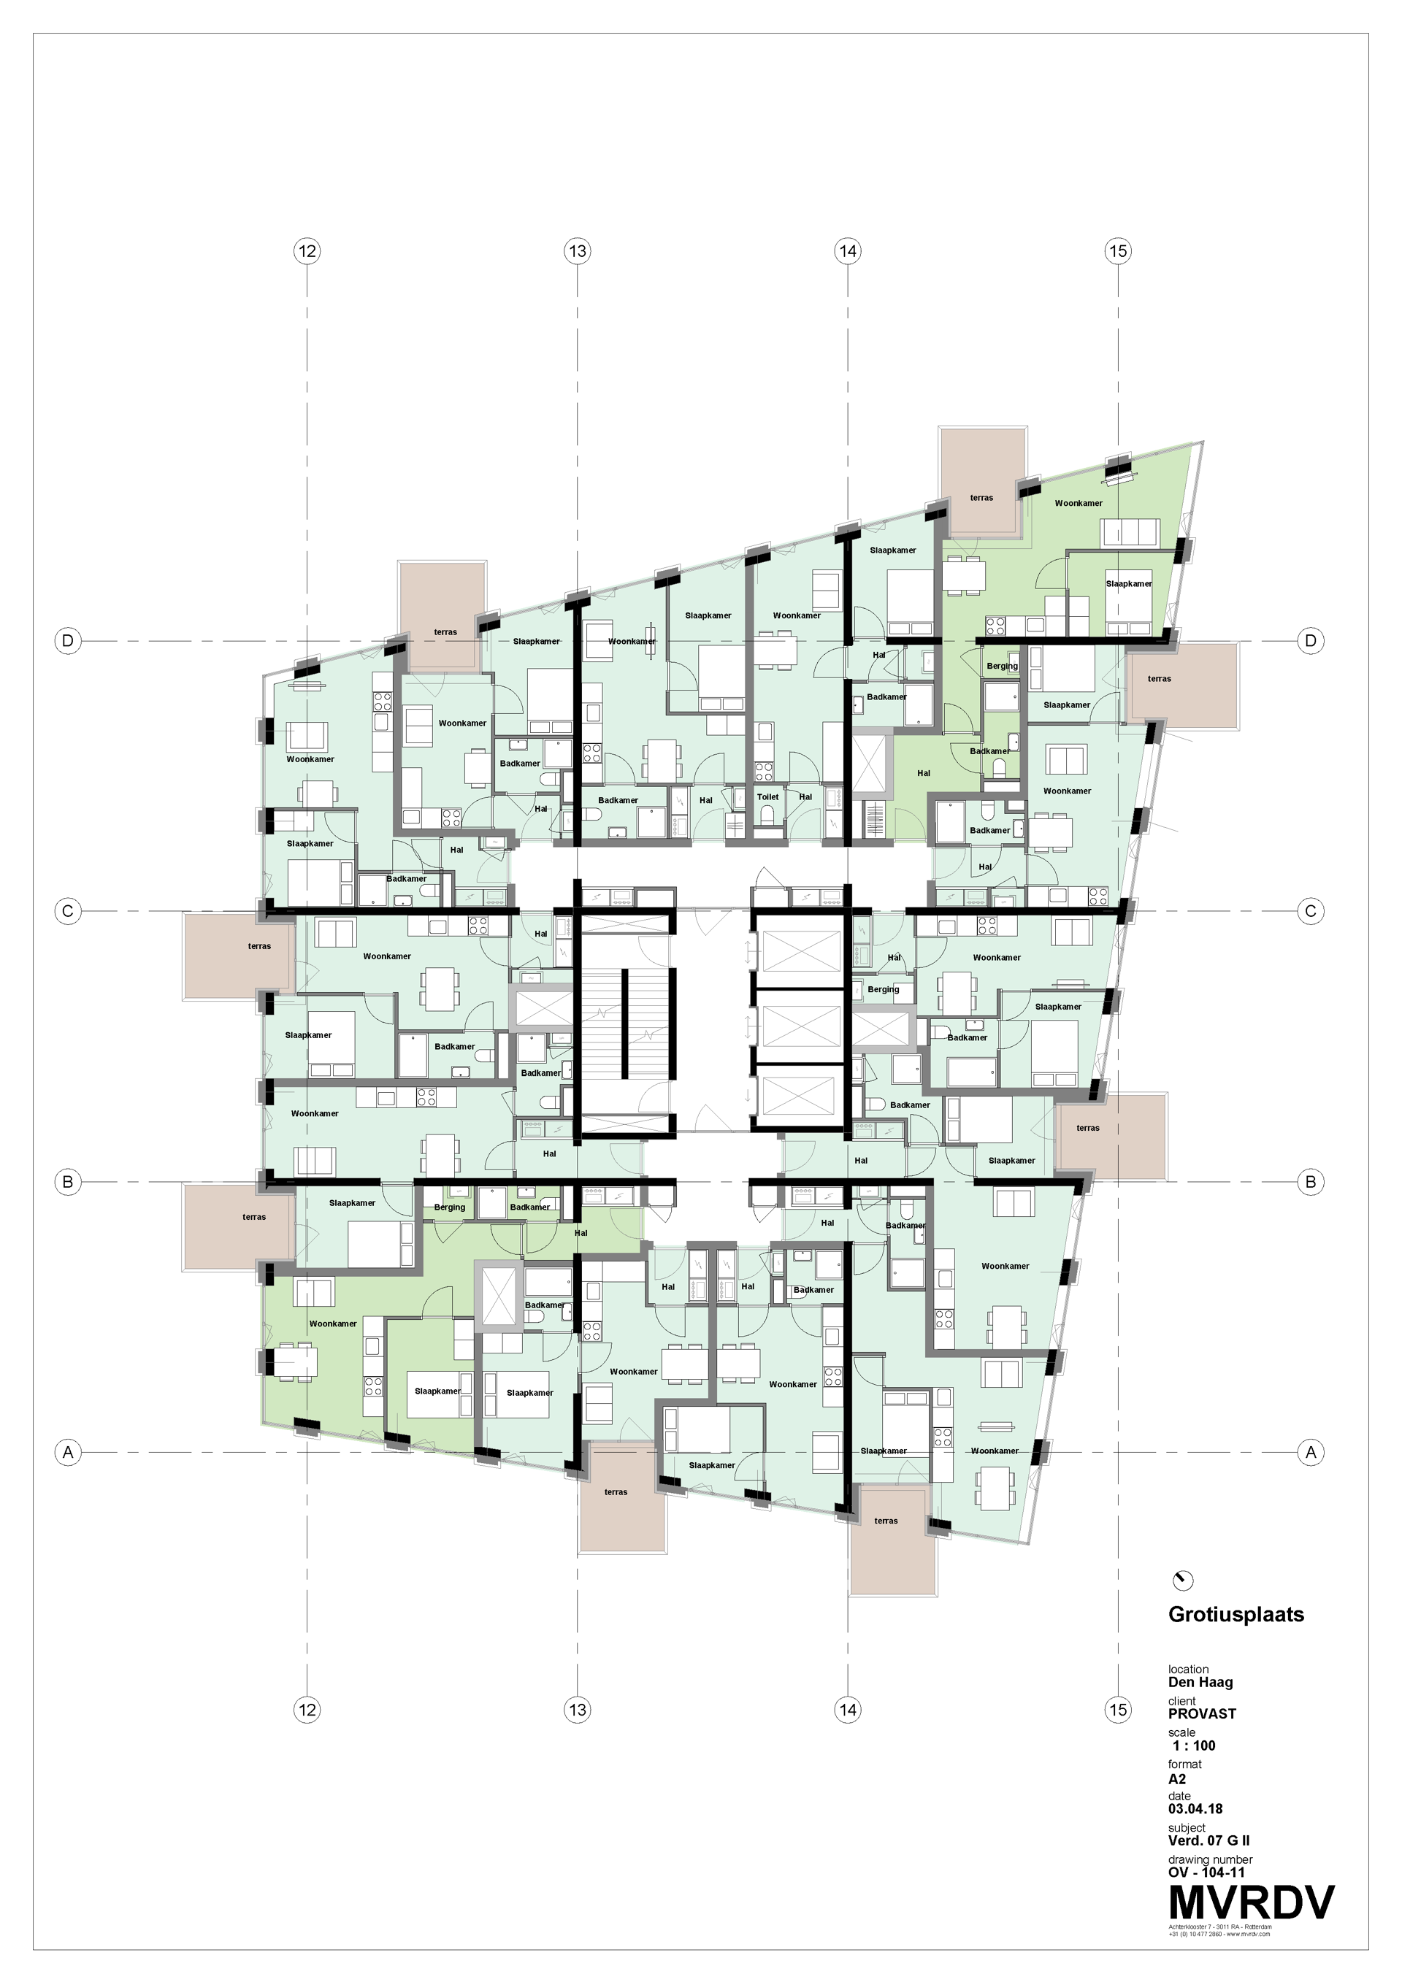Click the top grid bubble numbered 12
tap(307, 251)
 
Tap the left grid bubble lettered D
tap(67, 640)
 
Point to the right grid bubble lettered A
tap(1311, 1452)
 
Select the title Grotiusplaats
tap(1236, 1614)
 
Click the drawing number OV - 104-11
tap(1206, 1872)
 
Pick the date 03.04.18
tap(1195, 1808)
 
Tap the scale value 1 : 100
tap(1194, 1745)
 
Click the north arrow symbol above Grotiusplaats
tap(1182, 1580)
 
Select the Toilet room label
tap(767, 796)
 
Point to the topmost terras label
tap(981, 497)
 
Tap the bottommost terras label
tap(886, 1521)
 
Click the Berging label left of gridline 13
tap(449, 1207)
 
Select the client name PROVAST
tap(1202, 1713)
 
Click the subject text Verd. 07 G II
tap(1208, 1840)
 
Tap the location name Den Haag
tap(1200, 1681)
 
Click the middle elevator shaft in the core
tap(799, 1026)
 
